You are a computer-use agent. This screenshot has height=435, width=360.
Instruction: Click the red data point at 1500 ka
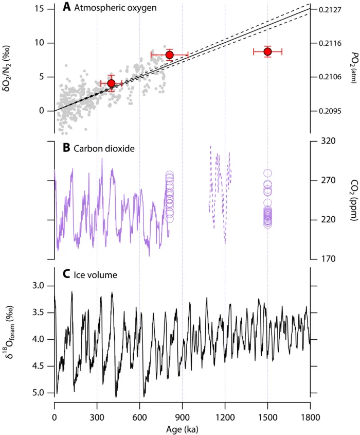coord(267,51)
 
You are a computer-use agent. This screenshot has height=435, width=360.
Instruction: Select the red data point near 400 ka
coord(111,83)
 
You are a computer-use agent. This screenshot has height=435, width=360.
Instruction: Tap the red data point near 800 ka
coord(169,55)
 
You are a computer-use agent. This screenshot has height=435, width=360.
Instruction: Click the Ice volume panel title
coord(95,275)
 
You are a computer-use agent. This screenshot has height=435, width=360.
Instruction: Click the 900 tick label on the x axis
coord(182,417)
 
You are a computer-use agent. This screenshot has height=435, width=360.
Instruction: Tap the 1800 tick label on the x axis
coord(310,417)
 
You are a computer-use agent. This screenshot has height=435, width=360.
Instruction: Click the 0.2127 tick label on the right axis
coord(330,9)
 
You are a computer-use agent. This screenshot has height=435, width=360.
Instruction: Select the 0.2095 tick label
coord(330,111)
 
